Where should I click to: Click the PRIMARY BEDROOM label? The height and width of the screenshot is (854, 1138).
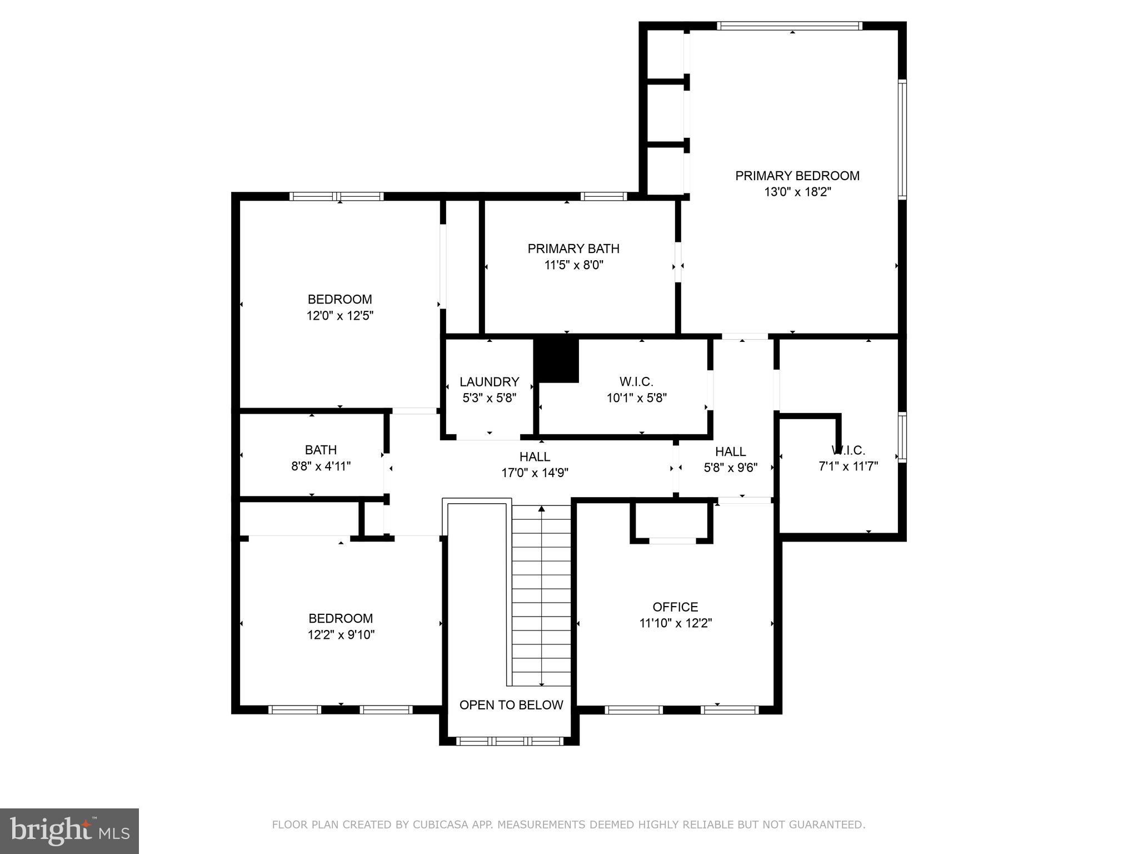tap(797, 176)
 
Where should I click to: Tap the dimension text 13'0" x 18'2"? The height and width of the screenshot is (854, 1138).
tap(797, 192)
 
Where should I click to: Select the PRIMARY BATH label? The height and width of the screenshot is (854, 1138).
tap(573, 249)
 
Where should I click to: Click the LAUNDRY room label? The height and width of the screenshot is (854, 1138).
tap(489, 382)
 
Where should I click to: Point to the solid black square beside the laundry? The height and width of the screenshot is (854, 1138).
tap(556, 360)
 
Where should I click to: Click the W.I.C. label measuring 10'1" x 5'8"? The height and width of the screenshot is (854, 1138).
tap(636, 382)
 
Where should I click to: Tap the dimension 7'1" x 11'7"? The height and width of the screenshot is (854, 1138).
tap(848, 466)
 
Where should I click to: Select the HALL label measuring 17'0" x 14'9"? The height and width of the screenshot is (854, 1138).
tap(535, 457)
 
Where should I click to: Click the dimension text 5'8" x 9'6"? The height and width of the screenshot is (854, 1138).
tap(730, 468)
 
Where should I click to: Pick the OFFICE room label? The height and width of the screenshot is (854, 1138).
tap(675, 607)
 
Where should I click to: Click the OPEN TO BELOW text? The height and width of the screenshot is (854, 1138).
tap(511, 705)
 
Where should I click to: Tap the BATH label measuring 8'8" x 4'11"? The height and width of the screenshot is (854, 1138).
tap(321, 450)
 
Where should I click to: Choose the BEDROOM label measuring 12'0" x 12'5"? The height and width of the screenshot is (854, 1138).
tap(340, 299)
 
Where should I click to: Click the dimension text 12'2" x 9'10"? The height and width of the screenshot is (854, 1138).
tap(341, 635)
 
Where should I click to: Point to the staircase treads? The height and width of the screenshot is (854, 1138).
tap(541, 595)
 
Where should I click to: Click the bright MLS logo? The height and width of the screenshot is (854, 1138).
tap(69, 831)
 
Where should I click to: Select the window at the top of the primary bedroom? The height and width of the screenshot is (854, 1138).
tap(789, 26)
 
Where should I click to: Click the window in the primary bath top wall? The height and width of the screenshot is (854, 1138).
tap(603, 196)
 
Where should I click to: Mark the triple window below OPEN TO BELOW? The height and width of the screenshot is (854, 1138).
tap(510, 741)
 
